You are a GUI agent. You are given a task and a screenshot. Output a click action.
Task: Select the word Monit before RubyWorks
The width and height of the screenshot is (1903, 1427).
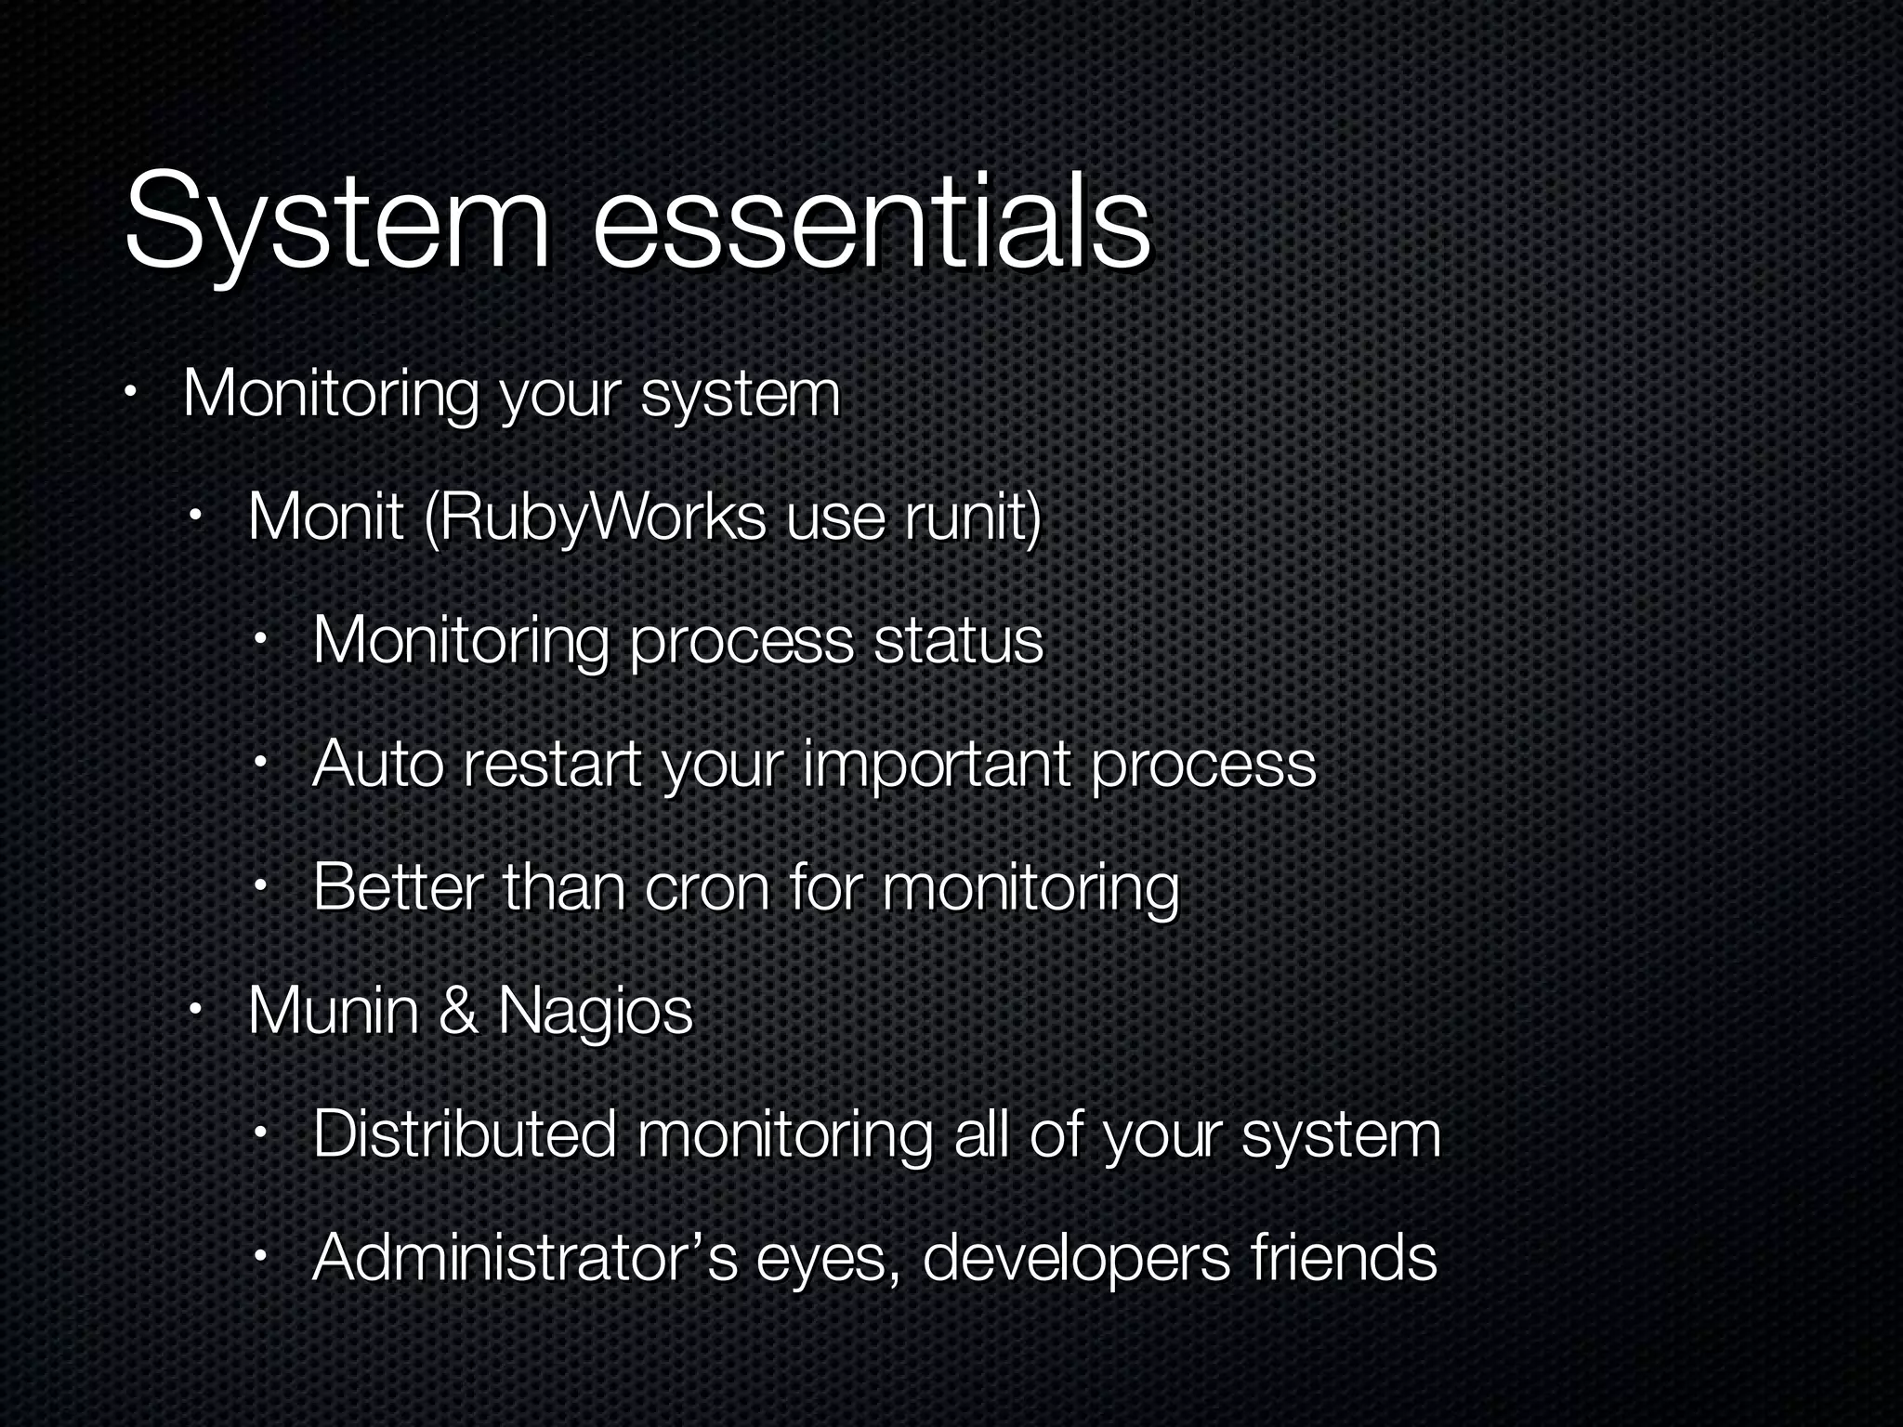pyautogui.click(x=325, y=517)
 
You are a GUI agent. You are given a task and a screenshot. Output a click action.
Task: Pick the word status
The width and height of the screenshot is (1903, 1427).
pyautogui.click(x=958, y=640)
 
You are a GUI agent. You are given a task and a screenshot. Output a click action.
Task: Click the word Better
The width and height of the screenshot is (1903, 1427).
pyautogui.click(x=398, y=887)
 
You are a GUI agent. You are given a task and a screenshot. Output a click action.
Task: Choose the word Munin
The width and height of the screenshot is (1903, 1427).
pyautogui.click(x=334, y=1010)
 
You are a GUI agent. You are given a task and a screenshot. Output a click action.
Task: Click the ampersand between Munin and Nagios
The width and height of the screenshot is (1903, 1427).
pyautogui.click(x=459, y=1010)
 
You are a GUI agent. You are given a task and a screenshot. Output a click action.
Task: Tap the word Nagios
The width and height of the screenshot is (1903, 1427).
pyautogui.click(x=596, y=1012)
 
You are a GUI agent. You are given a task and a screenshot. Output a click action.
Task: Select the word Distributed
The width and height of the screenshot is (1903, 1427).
pyautogui.click(x=465, y=1133)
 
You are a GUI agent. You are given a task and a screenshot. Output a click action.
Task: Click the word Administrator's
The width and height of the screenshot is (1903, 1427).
pyautogui.click(x=525, y=1257)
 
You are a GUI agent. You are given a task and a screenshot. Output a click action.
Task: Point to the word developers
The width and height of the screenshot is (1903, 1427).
pyautogui.click(x=1077, y=1259)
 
